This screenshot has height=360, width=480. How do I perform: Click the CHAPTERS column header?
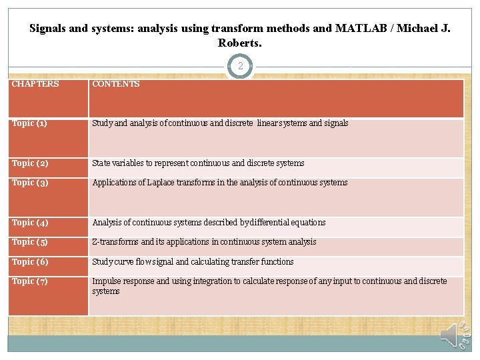pyautogui.click(x=35, y=84)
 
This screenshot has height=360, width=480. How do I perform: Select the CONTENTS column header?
pyautogui.click(x=116, y=84)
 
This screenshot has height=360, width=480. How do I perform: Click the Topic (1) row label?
pyautogui.click(x=29, y=123)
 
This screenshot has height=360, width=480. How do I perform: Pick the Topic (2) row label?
pyautogui.click(x=29, y=163)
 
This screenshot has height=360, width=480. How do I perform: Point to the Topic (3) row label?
pyautogui.click(x=29, y=183)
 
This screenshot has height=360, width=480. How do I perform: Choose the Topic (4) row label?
pyautogui.click(x=29, y=223)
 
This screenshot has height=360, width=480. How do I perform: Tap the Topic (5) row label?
pyautogui.click(x=29, y=242)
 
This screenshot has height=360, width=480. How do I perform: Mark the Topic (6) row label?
pyautogui.click(x=29, y=262)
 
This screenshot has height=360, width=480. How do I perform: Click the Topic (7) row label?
pyautogui.click(x=29, y=281)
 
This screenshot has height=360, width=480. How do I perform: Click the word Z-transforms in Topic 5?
pyautogui.click(x=115, y=242)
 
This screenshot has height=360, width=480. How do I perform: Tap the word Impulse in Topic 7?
pyautogui.click(x=107, y=281)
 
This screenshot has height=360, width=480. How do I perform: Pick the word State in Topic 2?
pyautogui.click(x=102, y=163)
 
